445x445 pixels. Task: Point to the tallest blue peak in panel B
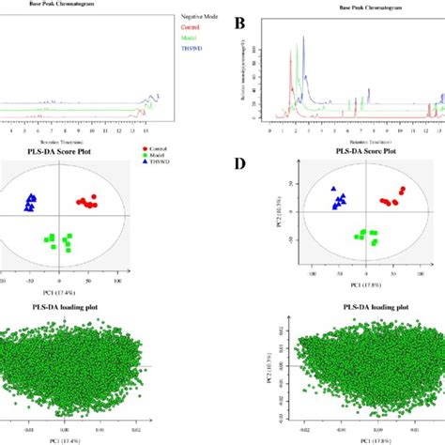coord(302,43)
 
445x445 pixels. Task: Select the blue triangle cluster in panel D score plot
coord(338,198)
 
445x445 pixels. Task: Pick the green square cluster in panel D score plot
coord(365,237)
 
